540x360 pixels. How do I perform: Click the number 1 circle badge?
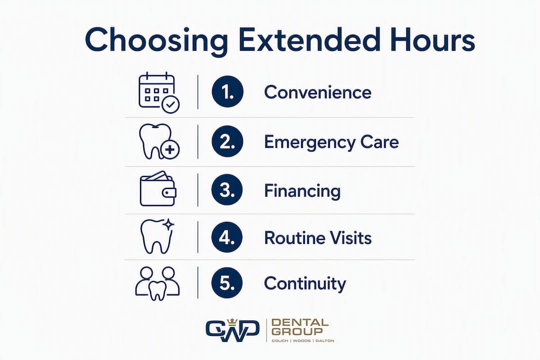pos(227,91)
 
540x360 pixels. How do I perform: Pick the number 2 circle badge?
pos(227,141)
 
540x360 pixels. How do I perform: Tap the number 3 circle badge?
pos(227,190)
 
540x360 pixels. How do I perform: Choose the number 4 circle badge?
pos(227,237)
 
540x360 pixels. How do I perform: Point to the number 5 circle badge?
pos(227,283)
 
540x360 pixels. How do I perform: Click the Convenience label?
pos(317,92)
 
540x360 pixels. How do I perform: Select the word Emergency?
pos(310,142)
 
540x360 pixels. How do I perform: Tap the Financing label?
pos(302,191)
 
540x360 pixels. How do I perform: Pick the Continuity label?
pos(305,284)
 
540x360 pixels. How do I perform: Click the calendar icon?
pos(159,92)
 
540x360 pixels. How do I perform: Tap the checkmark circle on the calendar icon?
pos(171,104)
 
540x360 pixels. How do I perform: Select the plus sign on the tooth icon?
pos(170,150)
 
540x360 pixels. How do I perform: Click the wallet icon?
pos(158,189)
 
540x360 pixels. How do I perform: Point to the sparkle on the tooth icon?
pos(168,224)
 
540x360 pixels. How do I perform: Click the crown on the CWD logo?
pos(233,322)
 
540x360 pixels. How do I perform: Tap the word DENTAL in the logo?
pos(299,322)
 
